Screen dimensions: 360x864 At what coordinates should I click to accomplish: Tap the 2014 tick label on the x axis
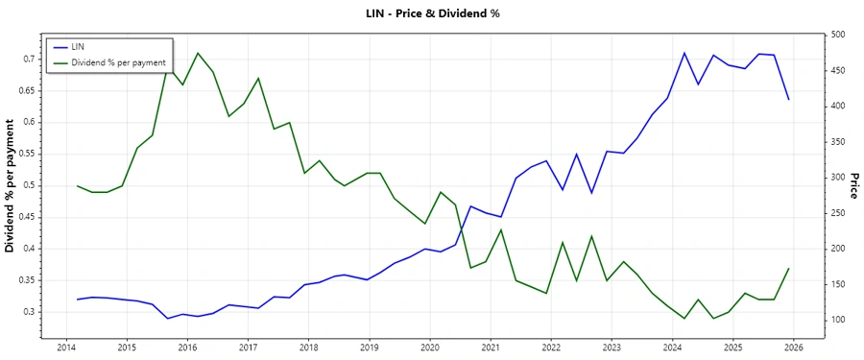[x=66, y=347]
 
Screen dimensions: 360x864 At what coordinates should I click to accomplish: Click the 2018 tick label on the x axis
[x=308, y=347]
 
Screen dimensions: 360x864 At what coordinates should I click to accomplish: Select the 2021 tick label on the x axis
[x=490, y=347]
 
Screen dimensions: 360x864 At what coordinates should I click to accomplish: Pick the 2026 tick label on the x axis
[x=793, y=347]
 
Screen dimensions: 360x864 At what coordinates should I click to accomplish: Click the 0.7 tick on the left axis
[x=29, y=59]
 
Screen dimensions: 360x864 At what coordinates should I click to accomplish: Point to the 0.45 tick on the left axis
[x=26, y=217]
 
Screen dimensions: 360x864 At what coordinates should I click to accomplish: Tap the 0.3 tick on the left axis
[x=29, y=312]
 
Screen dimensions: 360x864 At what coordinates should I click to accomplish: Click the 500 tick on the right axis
[x=838, y=35]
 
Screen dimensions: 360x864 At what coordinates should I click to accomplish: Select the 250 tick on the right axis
[x=838, y=213]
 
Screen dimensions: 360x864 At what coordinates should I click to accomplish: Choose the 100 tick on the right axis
[x=838, y=320]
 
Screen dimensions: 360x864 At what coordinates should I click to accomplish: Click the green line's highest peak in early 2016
[x=198, y=53]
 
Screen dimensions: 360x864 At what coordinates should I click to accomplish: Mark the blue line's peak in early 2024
[x=684, y=53]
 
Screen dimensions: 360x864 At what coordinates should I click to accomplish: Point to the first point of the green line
[x=77, y=185]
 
